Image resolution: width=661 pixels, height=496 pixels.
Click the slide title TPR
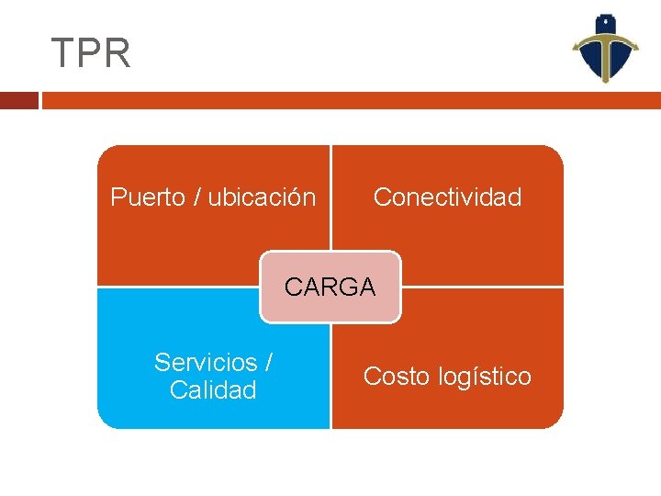click(x=91, y=54)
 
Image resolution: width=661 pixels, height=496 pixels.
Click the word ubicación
click(x=262, y=197)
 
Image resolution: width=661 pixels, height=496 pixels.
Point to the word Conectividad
click(x=447, y=197)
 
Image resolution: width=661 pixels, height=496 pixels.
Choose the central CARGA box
click(x=330, y=287)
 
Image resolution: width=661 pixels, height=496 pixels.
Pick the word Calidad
click(x=213, y=390)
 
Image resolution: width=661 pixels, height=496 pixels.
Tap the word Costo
click(x=397, y=377)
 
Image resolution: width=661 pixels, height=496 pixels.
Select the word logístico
click(x=485, y=377)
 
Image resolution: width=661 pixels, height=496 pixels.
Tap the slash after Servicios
click(x=267, y=362)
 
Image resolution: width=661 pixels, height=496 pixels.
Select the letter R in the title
click(x=118, y=54)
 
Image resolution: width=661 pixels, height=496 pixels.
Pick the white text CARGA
click(x=330, y=287)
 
